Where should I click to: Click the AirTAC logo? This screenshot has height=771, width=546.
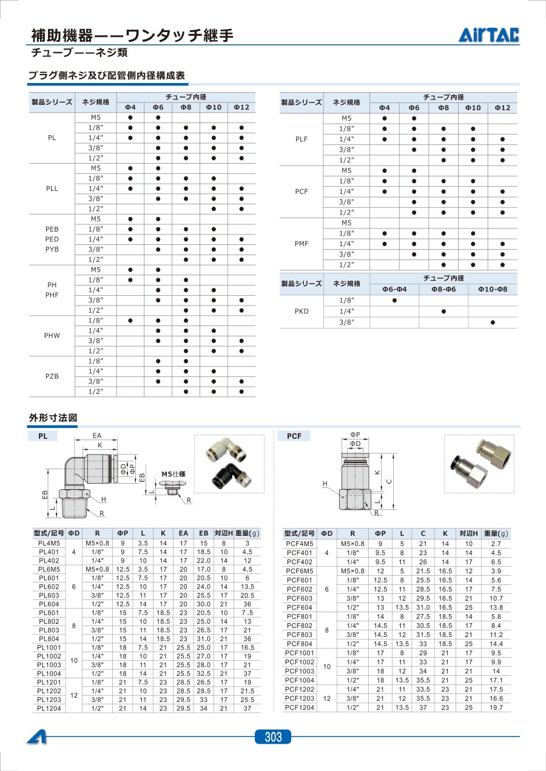489,36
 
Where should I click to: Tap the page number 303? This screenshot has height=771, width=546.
273,737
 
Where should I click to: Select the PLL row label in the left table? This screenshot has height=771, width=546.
52,189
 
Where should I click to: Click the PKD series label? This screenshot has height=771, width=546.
302,312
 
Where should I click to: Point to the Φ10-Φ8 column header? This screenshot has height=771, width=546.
492,289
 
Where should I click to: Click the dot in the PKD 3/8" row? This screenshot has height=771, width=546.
492,322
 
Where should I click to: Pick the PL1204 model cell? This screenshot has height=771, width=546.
49,709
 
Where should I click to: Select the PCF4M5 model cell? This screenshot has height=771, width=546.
299,544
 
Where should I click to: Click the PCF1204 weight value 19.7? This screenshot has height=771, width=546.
496,708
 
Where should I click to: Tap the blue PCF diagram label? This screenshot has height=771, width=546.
294,436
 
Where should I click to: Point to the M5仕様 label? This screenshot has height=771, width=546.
172,474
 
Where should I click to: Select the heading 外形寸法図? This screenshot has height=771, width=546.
53,418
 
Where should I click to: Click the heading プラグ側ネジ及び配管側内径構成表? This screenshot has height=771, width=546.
107,76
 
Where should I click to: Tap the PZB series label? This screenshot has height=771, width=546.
52,376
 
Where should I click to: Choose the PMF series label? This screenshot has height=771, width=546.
302,244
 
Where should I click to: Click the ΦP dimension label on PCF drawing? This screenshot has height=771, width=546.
356,435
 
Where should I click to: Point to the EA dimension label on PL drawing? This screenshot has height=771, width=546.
97,436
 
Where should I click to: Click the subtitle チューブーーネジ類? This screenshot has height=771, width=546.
79,53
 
